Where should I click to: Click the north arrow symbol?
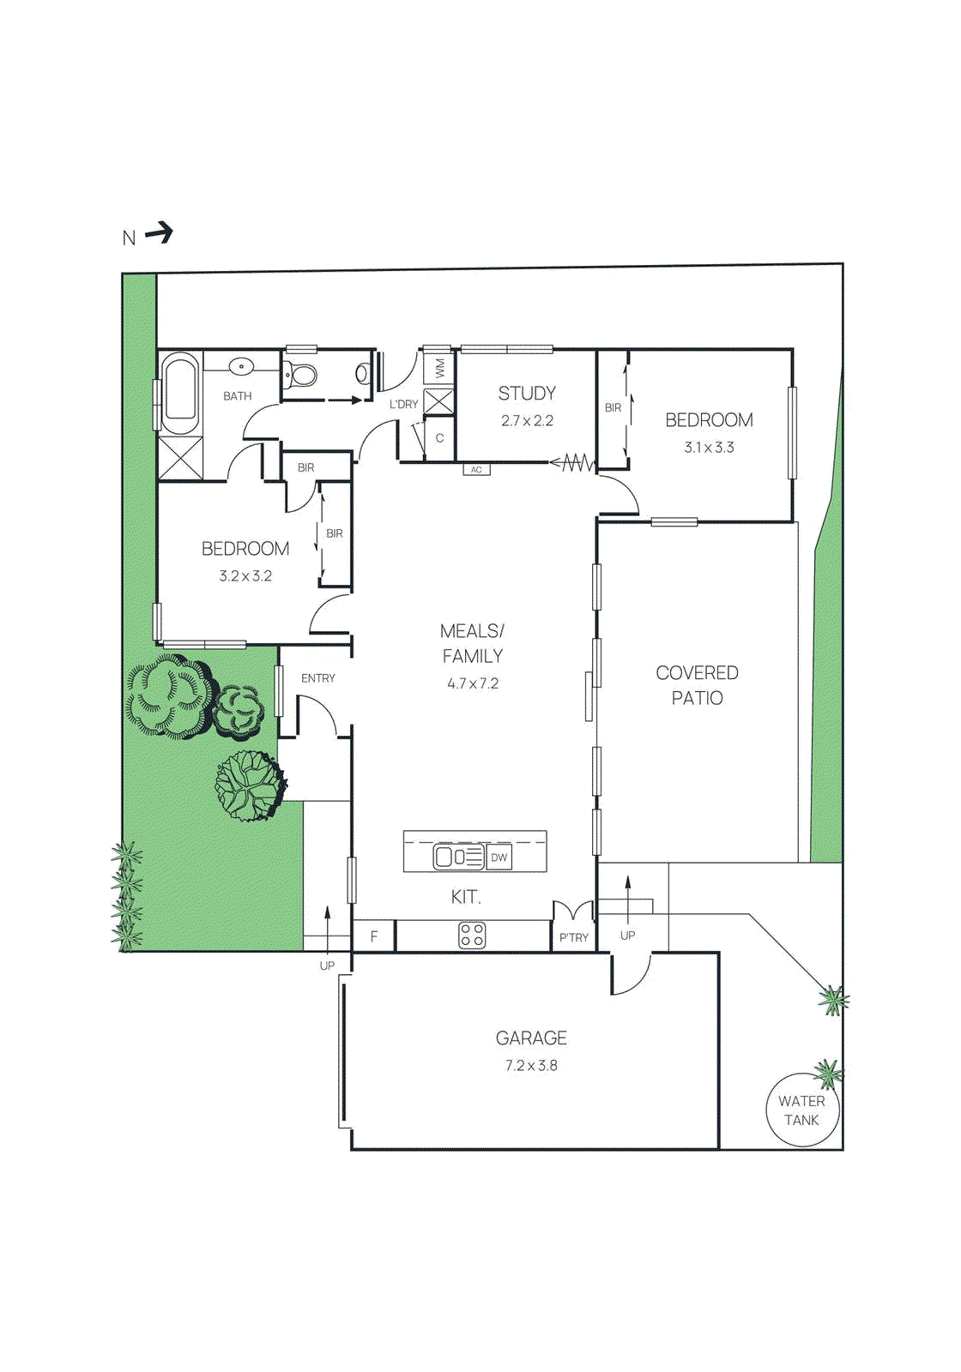pos(159,232)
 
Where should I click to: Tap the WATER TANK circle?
pos(801,1110)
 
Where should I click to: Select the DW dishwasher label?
pos(499,857)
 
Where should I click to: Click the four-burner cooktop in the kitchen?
pos(472,935)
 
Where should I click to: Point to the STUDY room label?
pos(527,394)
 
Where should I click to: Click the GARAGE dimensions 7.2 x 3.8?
pos(531,1065)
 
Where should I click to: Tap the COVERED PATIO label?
pos(697,685)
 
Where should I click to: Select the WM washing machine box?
pos(439,369)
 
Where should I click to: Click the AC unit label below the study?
pos(476,470)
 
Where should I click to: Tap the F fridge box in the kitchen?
pos(374,936)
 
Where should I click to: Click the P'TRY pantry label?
pos(573,937)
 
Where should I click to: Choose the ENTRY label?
pos(317,678)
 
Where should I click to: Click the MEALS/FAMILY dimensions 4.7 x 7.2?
pos(473,683)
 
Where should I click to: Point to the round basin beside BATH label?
pos(242,367)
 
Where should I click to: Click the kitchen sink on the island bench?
pos(447,857)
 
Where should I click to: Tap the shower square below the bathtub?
pos(181,458)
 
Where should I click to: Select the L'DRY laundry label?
pos(403,404)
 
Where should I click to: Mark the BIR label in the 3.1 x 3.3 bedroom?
pos(613,407)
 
